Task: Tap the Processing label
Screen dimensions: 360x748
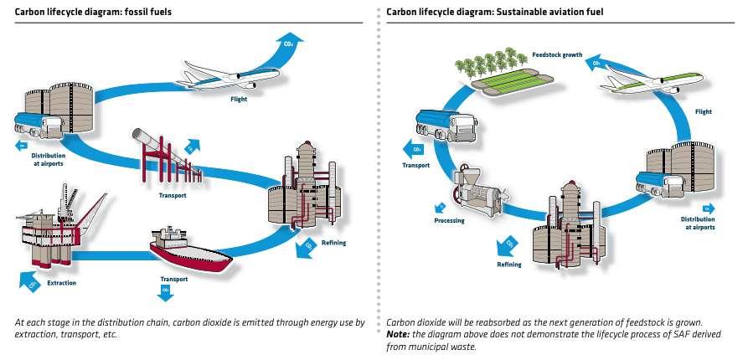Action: (449, 221)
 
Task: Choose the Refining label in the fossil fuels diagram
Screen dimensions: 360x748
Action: (333, 243)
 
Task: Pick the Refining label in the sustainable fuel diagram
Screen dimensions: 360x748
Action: (508, 265)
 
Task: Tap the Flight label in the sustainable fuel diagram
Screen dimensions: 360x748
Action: (704, 111)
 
